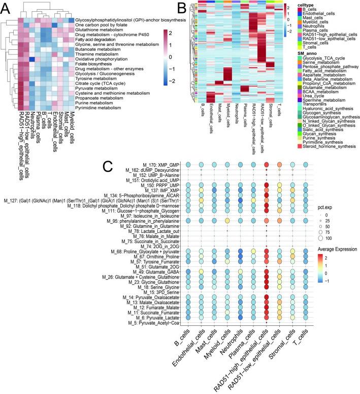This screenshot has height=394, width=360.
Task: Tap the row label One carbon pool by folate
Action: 101,25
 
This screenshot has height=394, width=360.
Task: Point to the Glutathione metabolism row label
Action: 97,31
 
